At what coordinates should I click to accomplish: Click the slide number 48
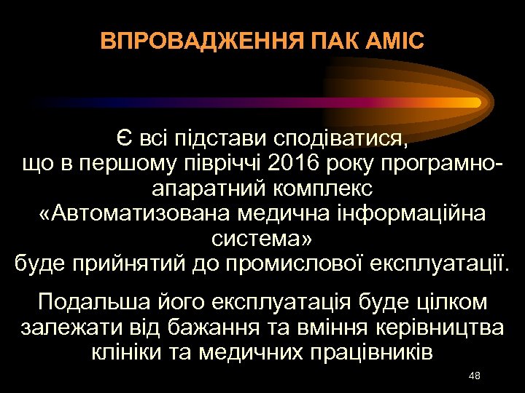pyautogui.click(x=475, y=375)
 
